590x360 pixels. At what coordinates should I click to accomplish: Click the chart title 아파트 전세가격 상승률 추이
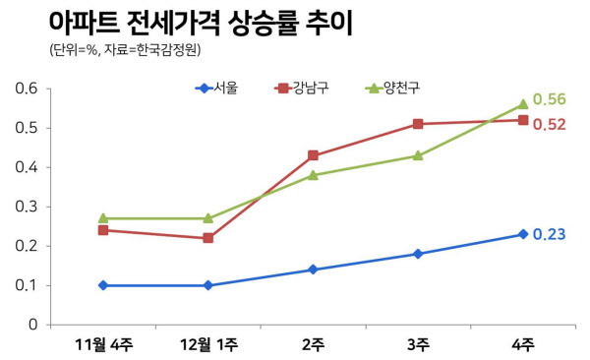coord(201,24)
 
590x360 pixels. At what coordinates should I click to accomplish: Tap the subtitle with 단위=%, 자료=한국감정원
coord(125,50)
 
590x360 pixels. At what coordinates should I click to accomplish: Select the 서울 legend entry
coord(216,89)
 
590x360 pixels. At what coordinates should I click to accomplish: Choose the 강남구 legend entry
coord(302,89)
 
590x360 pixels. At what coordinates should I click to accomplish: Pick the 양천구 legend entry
coord(392,89)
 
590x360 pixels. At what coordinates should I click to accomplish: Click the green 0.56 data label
coord(550,99)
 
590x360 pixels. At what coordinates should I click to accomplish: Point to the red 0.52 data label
coord(550,125)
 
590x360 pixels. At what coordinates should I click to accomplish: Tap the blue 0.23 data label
coord(550,234)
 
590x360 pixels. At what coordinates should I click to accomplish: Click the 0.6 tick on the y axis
coord(27,89)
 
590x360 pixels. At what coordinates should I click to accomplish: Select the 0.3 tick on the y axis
coord(27,207)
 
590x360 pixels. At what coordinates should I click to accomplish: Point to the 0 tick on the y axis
coord(33,325)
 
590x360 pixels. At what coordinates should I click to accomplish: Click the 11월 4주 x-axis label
coord(103,345)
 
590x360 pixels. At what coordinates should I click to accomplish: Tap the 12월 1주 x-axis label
coord(208,345)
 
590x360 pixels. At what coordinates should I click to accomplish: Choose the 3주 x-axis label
coord(418,345)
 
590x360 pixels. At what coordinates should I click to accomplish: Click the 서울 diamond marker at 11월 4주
coord(103,285)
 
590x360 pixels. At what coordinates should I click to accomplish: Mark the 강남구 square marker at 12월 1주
coord(208,238)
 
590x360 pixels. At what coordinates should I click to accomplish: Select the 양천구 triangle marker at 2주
coord(313,175)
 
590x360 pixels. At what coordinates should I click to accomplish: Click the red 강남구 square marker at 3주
coord(418,124)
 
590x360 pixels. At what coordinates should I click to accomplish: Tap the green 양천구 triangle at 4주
coord(523,104)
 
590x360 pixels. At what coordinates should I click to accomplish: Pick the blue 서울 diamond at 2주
coord(313,270)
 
